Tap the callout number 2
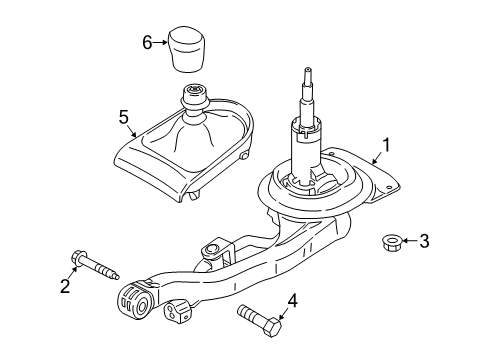66,287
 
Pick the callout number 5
125,118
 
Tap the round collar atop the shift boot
192,98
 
